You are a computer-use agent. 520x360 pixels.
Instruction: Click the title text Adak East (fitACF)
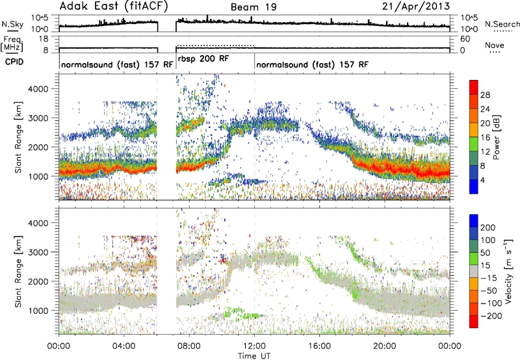coord(114,6)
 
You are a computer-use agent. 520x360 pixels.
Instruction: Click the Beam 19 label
coord(253,7)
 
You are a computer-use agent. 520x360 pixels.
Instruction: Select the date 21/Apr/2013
coord(416,6)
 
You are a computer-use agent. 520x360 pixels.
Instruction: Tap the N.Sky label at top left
coord(12,24)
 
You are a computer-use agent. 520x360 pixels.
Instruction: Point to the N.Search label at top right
coord(502,24)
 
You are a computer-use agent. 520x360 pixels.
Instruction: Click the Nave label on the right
coord(495,45)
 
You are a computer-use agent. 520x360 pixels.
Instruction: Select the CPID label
coord(14,62)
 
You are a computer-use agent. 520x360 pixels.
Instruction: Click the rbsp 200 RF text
coord(203,59)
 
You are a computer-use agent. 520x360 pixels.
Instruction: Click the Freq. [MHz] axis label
coord(12,44)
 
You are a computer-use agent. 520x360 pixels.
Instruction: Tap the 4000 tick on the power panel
coord(39,89)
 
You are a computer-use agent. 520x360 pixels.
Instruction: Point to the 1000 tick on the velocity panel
coord(39,311)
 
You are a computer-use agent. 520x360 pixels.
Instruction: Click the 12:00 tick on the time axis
coord(254,346)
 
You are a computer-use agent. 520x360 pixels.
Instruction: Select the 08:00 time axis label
coord(189,346)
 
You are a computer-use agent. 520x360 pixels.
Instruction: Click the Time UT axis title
coord(254,355)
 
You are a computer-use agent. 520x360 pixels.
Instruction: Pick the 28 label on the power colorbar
coord(485,95)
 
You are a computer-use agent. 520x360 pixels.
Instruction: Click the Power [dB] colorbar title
coord(497,137)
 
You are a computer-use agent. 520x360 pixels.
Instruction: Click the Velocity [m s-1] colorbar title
coord(508,271)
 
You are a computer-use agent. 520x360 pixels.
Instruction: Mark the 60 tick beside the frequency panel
coord(465,39)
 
